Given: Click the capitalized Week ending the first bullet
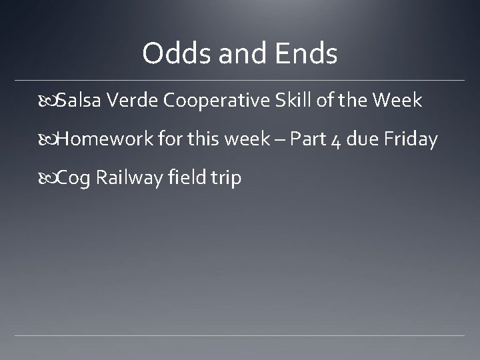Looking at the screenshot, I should tap(397, 101).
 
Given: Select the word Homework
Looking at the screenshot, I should tap(106, 139).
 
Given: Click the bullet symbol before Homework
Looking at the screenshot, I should tap(52, 140).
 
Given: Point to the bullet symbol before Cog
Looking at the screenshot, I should tap(52, 179).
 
